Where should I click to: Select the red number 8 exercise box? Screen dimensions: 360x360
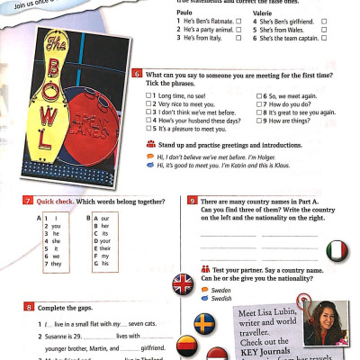pos(30,308)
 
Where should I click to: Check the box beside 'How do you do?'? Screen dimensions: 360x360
pos(260,103)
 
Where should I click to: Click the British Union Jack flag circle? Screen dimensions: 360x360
pos(183,285)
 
